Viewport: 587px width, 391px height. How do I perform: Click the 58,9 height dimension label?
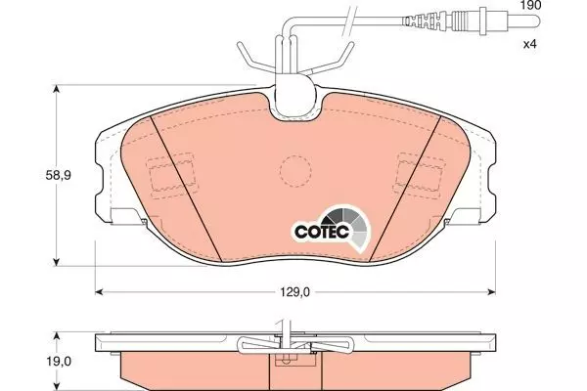(58, 175)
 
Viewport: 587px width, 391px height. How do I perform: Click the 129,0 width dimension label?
(295, 292)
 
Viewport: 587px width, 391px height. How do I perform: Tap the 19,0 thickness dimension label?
(59, 361)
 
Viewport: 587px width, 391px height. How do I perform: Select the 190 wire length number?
(531, 5)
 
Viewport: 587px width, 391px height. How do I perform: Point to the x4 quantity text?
(529, 44)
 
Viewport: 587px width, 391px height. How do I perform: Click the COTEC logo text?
(322, 232)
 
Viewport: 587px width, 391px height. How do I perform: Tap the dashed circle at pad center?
(295, 171)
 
